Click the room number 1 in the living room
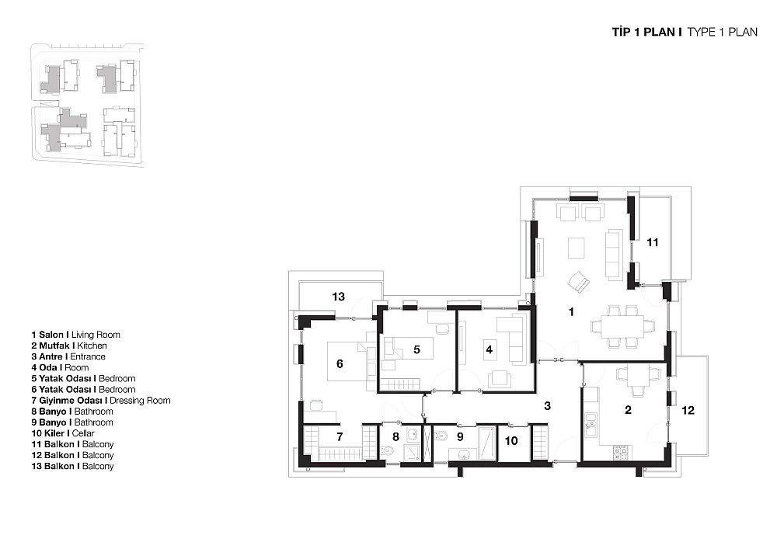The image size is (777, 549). (571, 312)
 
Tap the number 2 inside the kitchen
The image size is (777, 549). (629, 410)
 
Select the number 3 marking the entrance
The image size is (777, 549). (547, 406)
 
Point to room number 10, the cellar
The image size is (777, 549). (511, 440)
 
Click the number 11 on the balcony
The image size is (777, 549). (653, 242)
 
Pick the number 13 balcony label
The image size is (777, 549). (339, 297)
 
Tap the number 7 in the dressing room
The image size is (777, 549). (340, 437)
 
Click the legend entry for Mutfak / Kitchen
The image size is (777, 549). (69, 346)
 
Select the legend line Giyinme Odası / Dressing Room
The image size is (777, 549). (101, 401)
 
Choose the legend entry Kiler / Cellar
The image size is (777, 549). (63, 433)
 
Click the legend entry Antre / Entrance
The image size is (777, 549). (68, 356)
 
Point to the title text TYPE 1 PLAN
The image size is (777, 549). (722, 32)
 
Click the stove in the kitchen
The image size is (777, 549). (621, 451)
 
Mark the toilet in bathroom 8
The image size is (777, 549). (387, 451)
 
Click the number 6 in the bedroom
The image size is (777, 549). (340, 364)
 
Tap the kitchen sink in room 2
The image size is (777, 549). (590, 425)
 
